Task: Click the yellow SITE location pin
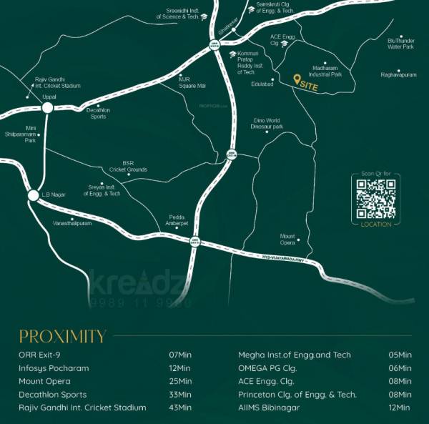pos(297,80)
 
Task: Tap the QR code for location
pos(376,198)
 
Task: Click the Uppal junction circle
pos(47,108)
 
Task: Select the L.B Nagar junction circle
pos(33,195)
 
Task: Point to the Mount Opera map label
pos(287,238)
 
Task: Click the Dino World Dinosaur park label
pos(267,124)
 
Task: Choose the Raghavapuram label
pos(398,74)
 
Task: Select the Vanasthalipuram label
pos(72,223)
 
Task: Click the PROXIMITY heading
pos(62,336)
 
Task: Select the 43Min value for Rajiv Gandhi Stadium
pos(180,408)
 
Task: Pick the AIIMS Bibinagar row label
pos(274,408)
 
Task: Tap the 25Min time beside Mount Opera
pos(180,381)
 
